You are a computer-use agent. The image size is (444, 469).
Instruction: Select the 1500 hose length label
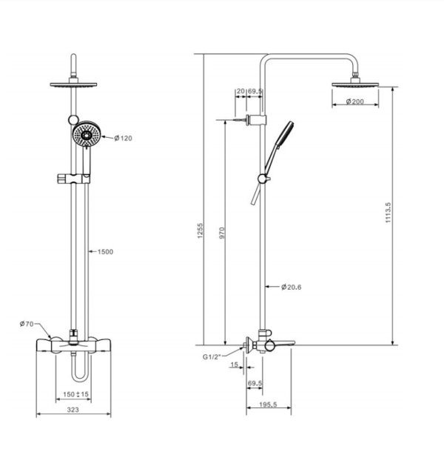tap(104, 252)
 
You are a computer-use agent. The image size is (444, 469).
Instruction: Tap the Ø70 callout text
tap(27, 324)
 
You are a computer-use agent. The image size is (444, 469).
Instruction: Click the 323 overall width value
tap(74, 409)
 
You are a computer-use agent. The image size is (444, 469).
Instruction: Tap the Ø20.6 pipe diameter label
tap(292, 287)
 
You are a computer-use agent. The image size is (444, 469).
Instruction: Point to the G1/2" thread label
tap(213, 357)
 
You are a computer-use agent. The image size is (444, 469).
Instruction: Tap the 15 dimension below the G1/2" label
tap(234, 365)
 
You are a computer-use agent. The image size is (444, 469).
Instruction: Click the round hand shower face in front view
tap(87, 136)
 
